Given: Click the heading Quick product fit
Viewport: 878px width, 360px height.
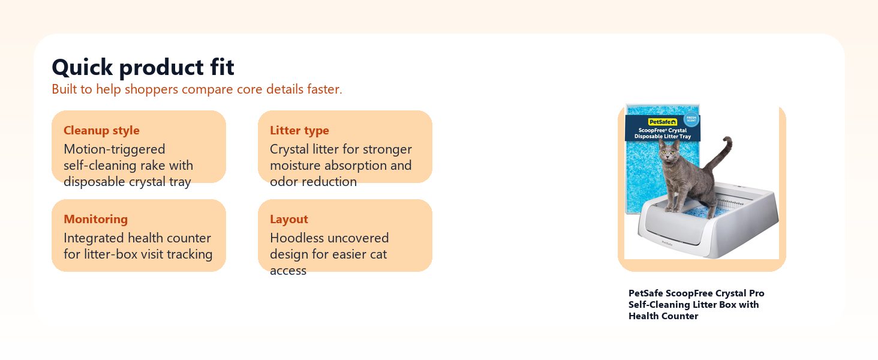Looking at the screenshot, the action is [143, 67].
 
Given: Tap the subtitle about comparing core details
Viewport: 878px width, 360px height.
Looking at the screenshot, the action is [197, 89].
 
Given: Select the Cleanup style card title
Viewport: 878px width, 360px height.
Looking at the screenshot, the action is [101, 131].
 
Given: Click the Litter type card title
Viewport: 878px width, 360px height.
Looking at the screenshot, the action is [299, 131].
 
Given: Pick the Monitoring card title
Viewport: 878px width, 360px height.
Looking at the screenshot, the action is [95, 219].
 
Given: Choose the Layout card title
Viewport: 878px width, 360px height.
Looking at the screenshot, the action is [289, 219].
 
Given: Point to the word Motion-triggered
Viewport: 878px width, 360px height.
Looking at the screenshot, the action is [115, 149].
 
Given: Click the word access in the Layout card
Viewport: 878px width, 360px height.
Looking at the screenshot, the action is [288, 271].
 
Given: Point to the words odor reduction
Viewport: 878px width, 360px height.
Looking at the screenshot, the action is [313, 182].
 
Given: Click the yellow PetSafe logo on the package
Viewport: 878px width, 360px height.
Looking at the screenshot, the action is [663, 122].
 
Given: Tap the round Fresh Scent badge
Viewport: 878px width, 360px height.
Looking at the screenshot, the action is [691, 119].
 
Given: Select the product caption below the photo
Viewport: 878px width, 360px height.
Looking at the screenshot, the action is [696, 305].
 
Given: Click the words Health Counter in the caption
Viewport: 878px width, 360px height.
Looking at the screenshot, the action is [663, 316].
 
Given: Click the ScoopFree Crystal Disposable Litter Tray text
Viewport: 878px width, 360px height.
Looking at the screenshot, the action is [663, 133].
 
